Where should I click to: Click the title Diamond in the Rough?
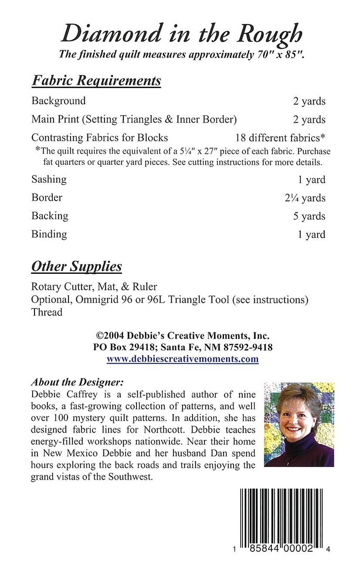coord(181,34)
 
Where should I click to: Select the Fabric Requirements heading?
coord(96,81)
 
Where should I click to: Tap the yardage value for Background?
coord(309,101)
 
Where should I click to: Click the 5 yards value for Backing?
coord(309,216)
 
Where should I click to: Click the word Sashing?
coord(49,179)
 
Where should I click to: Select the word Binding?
coord(49,234)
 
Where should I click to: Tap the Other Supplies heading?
coord(76,266)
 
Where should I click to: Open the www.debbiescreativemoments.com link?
coord(183,359)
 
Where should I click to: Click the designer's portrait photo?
coord(299,424)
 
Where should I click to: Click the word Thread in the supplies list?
coord(47,312)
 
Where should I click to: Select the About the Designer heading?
coord(78,383)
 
